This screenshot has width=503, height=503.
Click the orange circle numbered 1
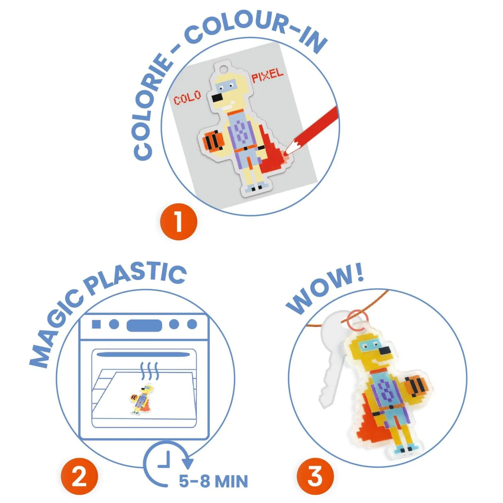[178, 222]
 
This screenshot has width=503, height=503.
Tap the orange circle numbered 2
[79, 476]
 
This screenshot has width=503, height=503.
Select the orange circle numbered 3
[315, 476]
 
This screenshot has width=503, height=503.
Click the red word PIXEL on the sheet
[267, 75]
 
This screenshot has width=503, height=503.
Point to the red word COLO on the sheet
[187, 98]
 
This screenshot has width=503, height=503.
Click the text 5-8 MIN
[214, 481]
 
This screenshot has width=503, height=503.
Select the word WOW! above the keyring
[325, 288]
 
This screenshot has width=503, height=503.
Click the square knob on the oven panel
[96, 324]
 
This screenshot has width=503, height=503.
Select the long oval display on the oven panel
[144, 325]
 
